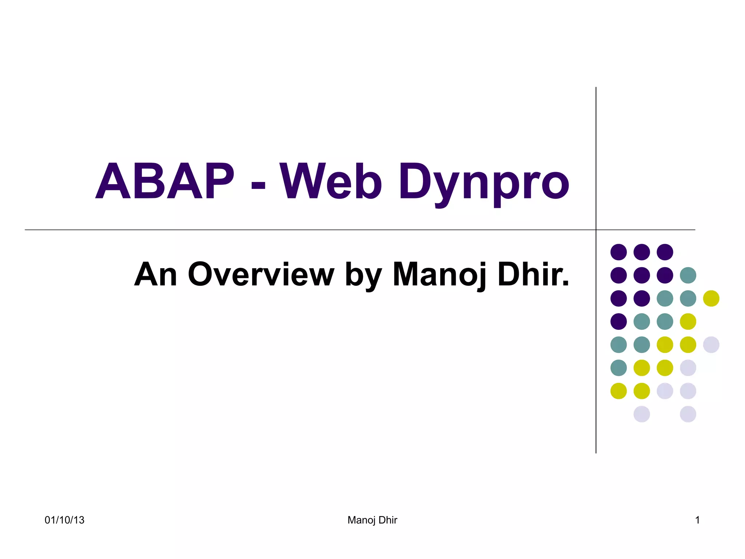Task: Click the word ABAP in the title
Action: (165, 182)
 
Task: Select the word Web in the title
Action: (331, 182)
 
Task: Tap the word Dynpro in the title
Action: (484, 184)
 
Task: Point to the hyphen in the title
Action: (258, 186)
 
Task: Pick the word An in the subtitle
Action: (156, 275)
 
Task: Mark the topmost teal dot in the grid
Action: (688, 275)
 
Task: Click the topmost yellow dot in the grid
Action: (711, 298)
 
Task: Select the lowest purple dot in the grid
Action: (618, 321)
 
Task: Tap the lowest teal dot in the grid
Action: (618, 368)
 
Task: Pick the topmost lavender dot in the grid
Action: (711, 345)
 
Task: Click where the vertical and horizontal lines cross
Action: (596, 230)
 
